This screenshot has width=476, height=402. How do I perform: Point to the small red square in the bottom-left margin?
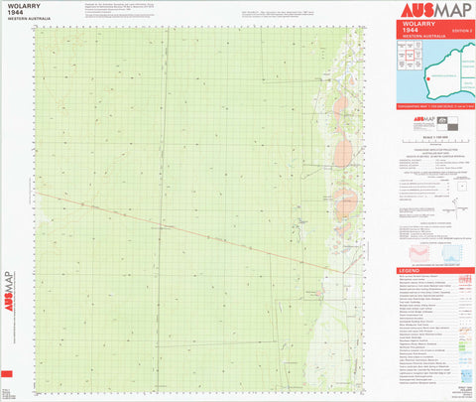(7, 370)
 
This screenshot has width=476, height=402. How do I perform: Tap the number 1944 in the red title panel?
(406, 33)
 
